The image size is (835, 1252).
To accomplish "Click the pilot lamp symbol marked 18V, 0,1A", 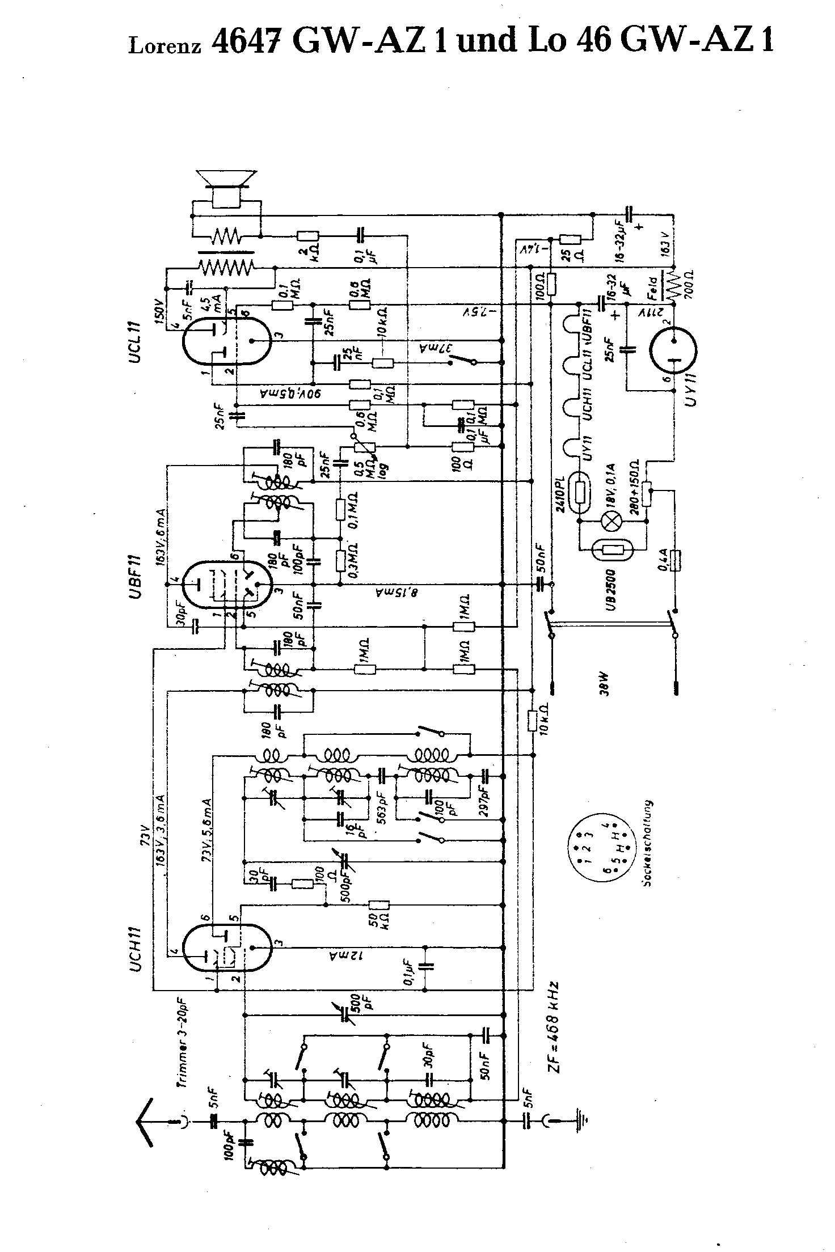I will (613, 523).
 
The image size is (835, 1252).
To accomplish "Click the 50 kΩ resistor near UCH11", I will (379, 905).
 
